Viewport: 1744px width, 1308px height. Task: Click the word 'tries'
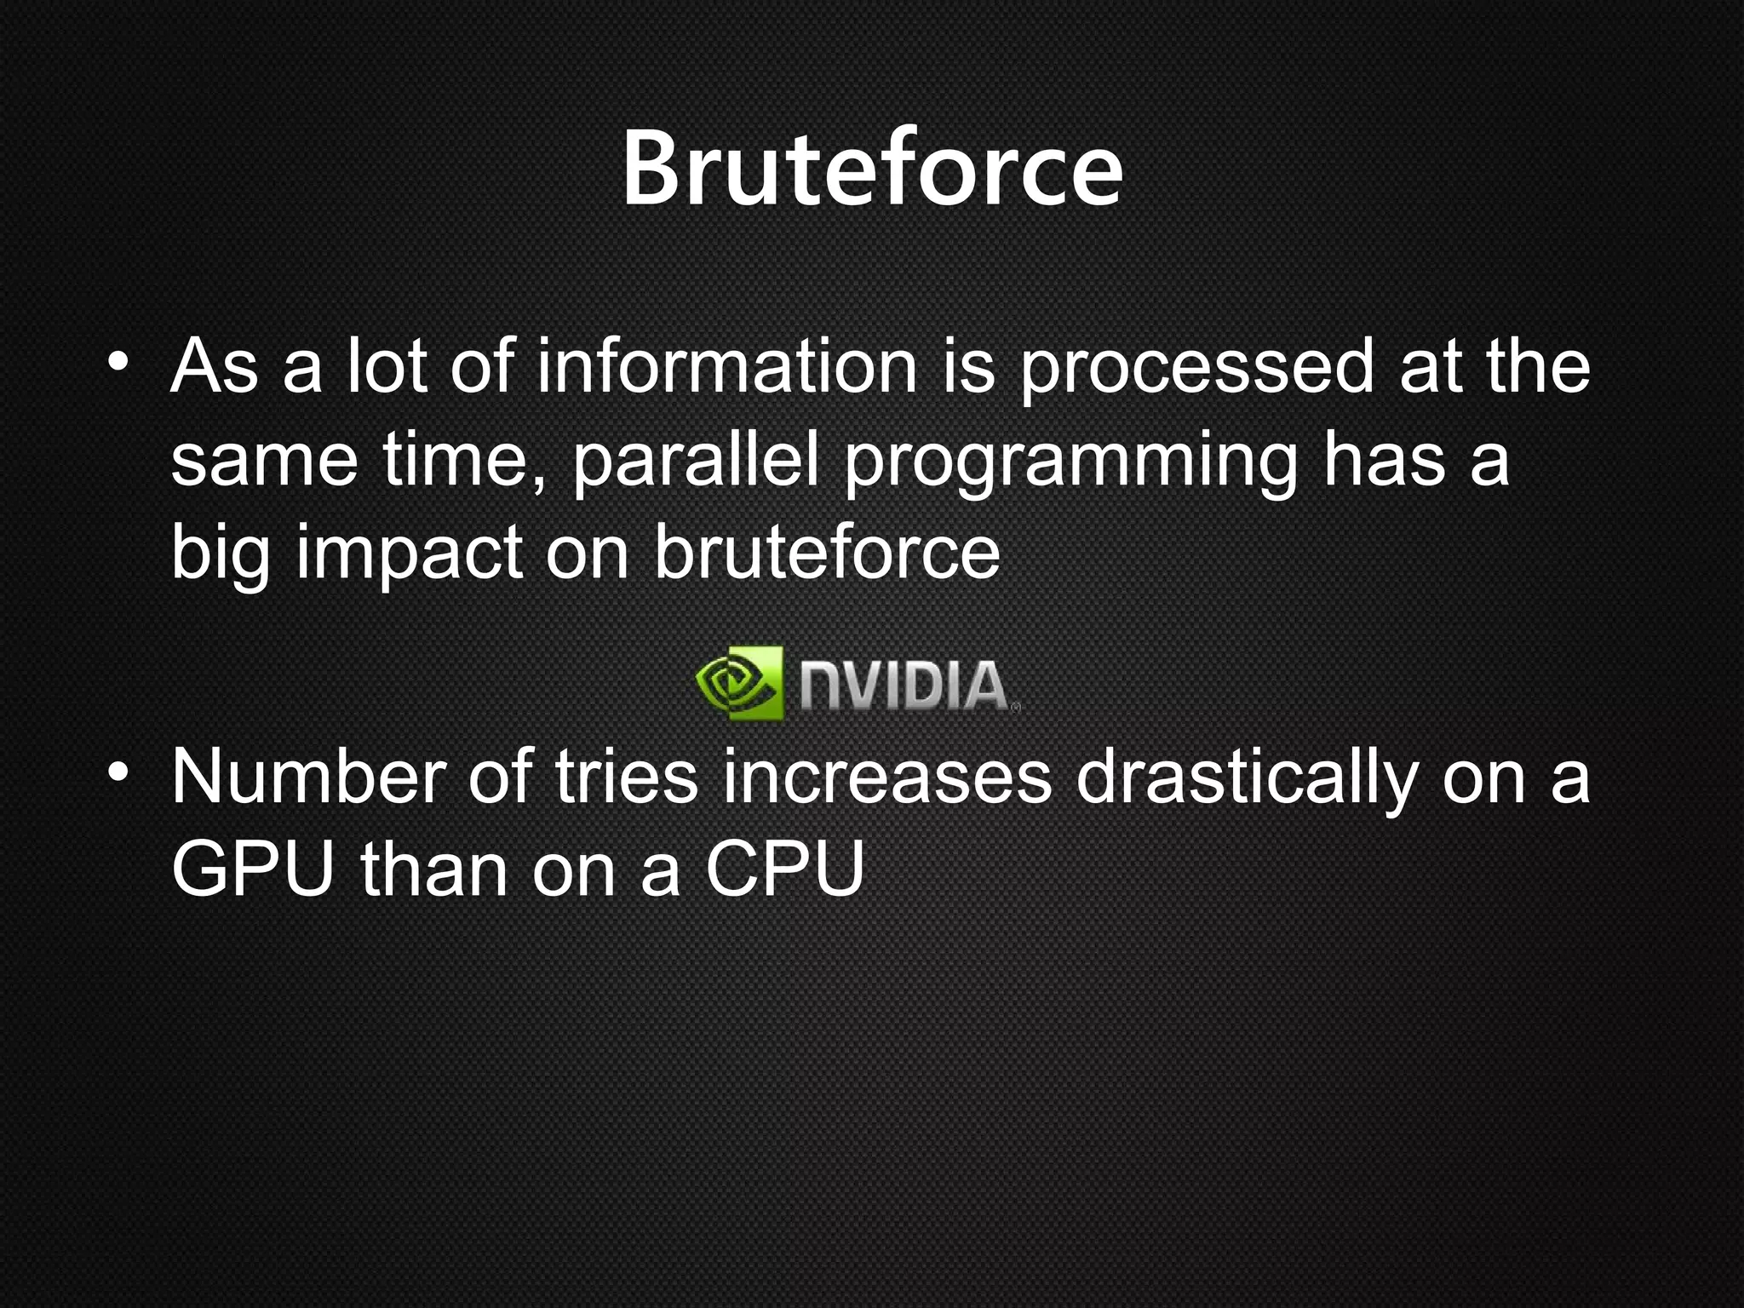coord(626,777)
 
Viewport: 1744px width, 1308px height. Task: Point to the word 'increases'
coord(887,777)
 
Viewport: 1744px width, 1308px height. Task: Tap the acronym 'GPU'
coord(252,869)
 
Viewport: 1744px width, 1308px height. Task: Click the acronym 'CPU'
coord(784,869)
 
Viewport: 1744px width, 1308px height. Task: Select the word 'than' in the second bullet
coord(433,869)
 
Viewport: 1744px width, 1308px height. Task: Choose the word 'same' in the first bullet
coord(264,462)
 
